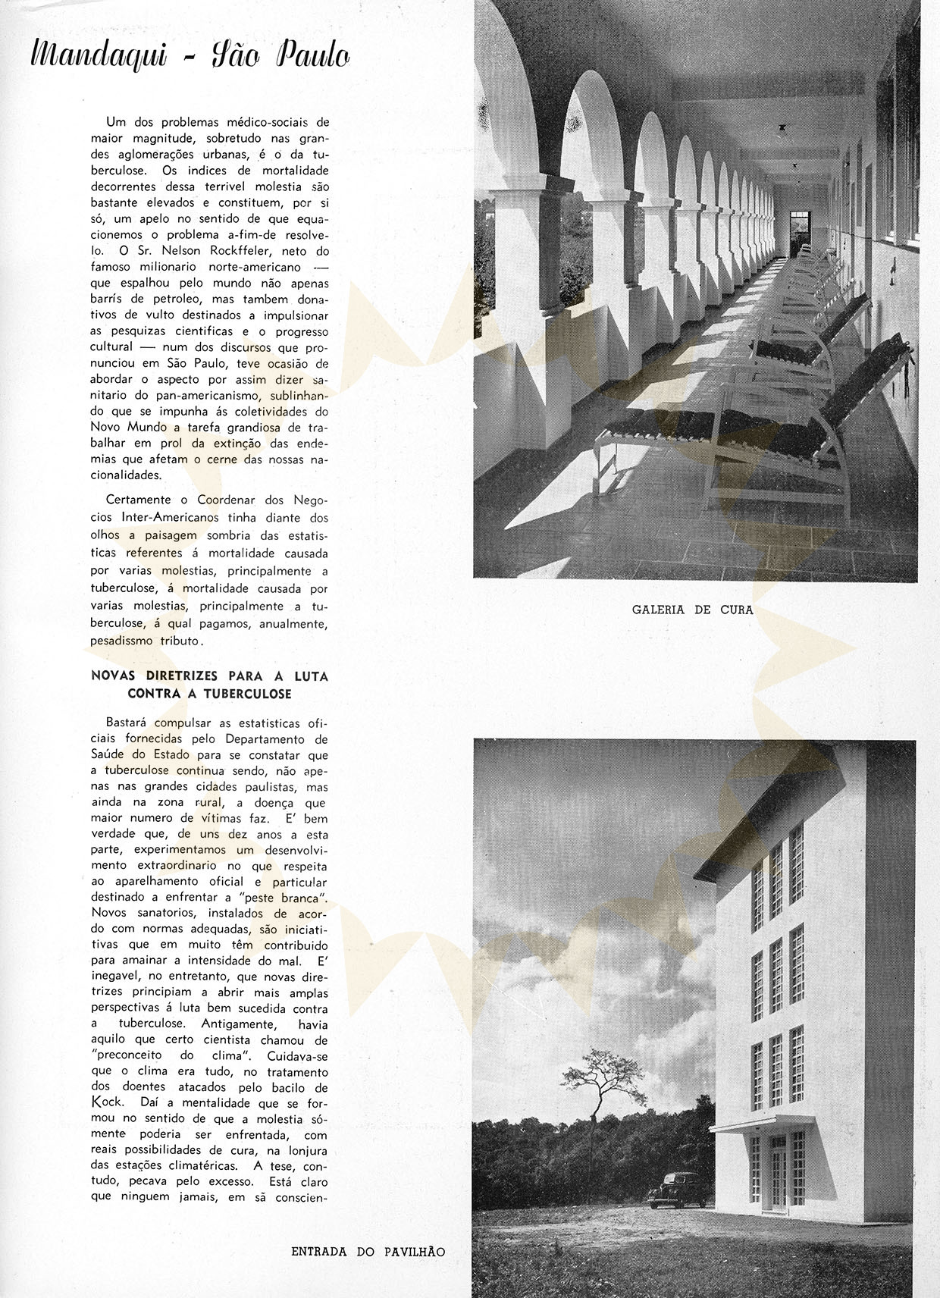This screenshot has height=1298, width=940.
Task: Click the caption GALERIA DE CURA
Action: click(692, 609)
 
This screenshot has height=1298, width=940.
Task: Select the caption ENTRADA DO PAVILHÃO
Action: click(368, 1252)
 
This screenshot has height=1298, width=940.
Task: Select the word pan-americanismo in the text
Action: click(203, 396)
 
